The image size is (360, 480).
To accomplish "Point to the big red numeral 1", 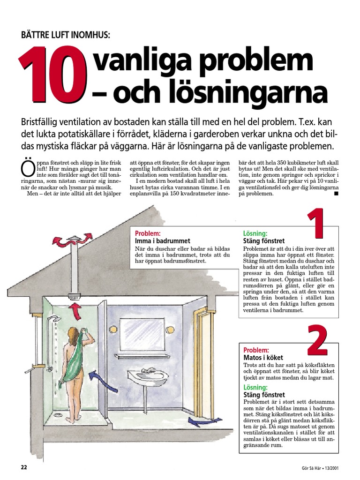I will click(x=316, y=225).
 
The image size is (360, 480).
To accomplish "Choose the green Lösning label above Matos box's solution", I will click(x=255, y=388).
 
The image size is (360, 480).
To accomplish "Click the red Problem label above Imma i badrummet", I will click(x=148, y=233).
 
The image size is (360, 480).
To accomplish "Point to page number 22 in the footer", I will click(x=24, y=467).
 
